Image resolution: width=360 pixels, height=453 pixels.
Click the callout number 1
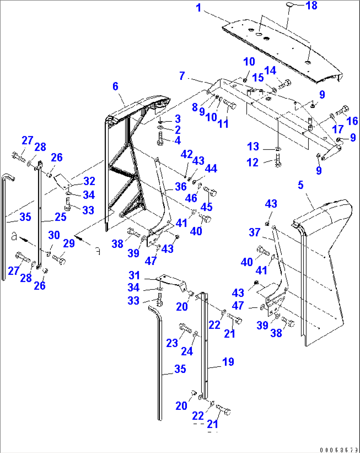click(198, 8)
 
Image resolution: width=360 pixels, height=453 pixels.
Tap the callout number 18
click(311, 6)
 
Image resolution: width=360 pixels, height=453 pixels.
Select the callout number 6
click(115, 86)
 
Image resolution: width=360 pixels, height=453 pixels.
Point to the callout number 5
click(301, 185)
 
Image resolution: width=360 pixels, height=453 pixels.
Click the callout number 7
click(182, 76)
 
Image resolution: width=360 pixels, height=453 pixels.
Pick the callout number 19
click(228, 362)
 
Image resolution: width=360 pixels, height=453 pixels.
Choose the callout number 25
click(60, 217)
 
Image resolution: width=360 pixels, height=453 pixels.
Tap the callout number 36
click(181, 187)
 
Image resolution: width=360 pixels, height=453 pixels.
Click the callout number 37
click(254, 232)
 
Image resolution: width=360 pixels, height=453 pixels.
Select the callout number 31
click(134, 275)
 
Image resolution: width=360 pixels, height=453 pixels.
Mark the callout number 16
click(352, 121)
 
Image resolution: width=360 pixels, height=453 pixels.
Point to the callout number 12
click(253, 162)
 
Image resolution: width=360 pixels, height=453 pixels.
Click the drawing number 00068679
click(339, 450)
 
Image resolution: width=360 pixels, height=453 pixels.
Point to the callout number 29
click(69, 243)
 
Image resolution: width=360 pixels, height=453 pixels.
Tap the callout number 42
click(187, 154)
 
